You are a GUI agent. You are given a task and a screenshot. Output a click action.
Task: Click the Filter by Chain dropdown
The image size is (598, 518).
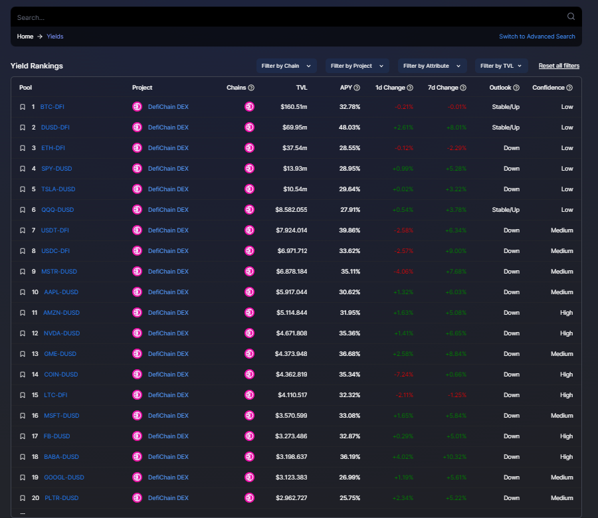[x=286, y=66]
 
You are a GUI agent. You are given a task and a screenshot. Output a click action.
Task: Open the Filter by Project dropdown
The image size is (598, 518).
[x=357, y=66]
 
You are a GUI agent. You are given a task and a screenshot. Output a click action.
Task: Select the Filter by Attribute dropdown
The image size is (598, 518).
[x=432, y=66]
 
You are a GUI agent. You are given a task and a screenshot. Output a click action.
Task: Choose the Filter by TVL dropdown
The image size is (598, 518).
[x=501, y=66]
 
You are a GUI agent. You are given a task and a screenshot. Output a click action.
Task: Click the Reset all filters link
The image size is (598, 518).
[x=559, y=66]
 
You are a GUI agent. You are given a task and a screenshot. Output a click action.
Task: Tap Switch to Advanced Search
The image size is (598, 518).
[x=537, y=37]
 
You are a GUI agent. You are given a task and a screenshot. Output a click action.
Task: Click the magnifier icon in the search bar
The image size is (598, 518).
[x=571, y=17]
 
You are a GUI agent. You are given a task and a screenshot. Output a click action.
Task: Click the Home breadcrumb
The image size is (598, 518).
[x=25, y=37]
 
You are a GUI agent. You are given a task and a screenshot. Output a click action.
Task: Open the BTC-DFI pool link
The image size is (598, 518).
[x=52, y=107]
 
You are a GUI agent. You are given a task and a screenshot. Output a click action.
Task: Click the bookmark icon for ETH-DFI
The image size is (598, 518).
[x=23, y=148]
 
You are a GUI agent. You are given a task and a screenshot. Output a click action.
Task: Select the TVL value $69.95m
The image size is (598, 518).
[x=295, y=128]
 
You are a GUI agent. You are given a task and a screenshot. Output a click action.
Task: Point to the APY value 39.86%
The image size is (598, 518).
[x=349, y=230]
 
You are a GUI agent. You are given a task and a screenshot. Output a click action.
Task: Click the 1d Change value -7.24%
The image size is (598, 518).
[x=403, y=375]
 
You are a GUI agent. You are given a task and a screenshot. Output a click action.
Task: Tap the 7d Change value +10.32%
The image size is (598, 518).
[x=454, y=457]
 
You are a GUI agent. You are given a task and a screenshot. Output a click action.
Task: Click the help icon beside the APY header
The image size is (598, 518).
[x=357, y=88]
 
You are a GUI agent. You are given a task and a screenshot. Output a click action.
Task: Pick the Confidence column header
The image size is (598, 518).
[x=548, y=88]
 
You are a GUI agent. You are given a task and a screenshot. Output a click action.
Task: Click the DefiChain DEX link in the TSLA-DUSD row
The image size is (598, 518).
[x=168, y=189]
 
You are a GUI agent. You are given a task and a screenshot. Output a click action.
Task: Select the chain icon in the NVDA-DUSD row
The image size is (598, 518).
[x=249, y=333]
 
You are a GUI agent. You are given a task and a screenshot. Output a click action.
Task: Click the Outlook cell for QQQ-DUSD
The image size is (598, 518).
[x=506, y=210]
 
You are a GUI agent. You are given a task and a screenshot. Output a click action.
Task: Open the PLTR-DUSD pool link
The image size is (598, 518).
[x=61, y=498]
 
